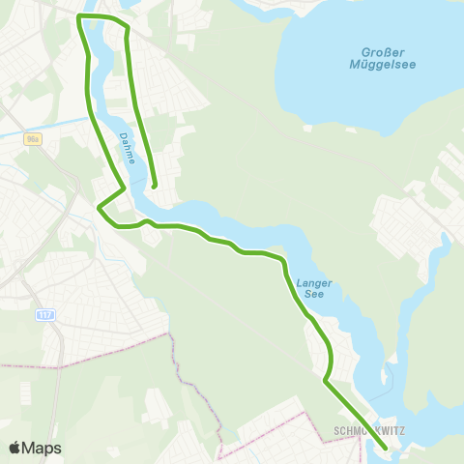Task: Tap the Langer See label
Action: (316, 288)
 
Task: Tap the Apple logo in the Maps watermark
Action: (14, 448)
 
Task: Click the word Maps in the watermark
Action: (42, 448)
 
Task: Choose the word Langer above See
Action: (316, 282)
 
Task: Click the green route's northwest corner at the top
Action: (78, 17)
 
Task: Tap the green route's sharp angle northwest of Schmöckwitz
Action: (324, 382)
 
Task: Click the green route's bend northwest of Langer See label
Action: (283, 261)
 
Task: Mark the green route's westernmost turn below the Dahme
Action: (99, 205)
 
